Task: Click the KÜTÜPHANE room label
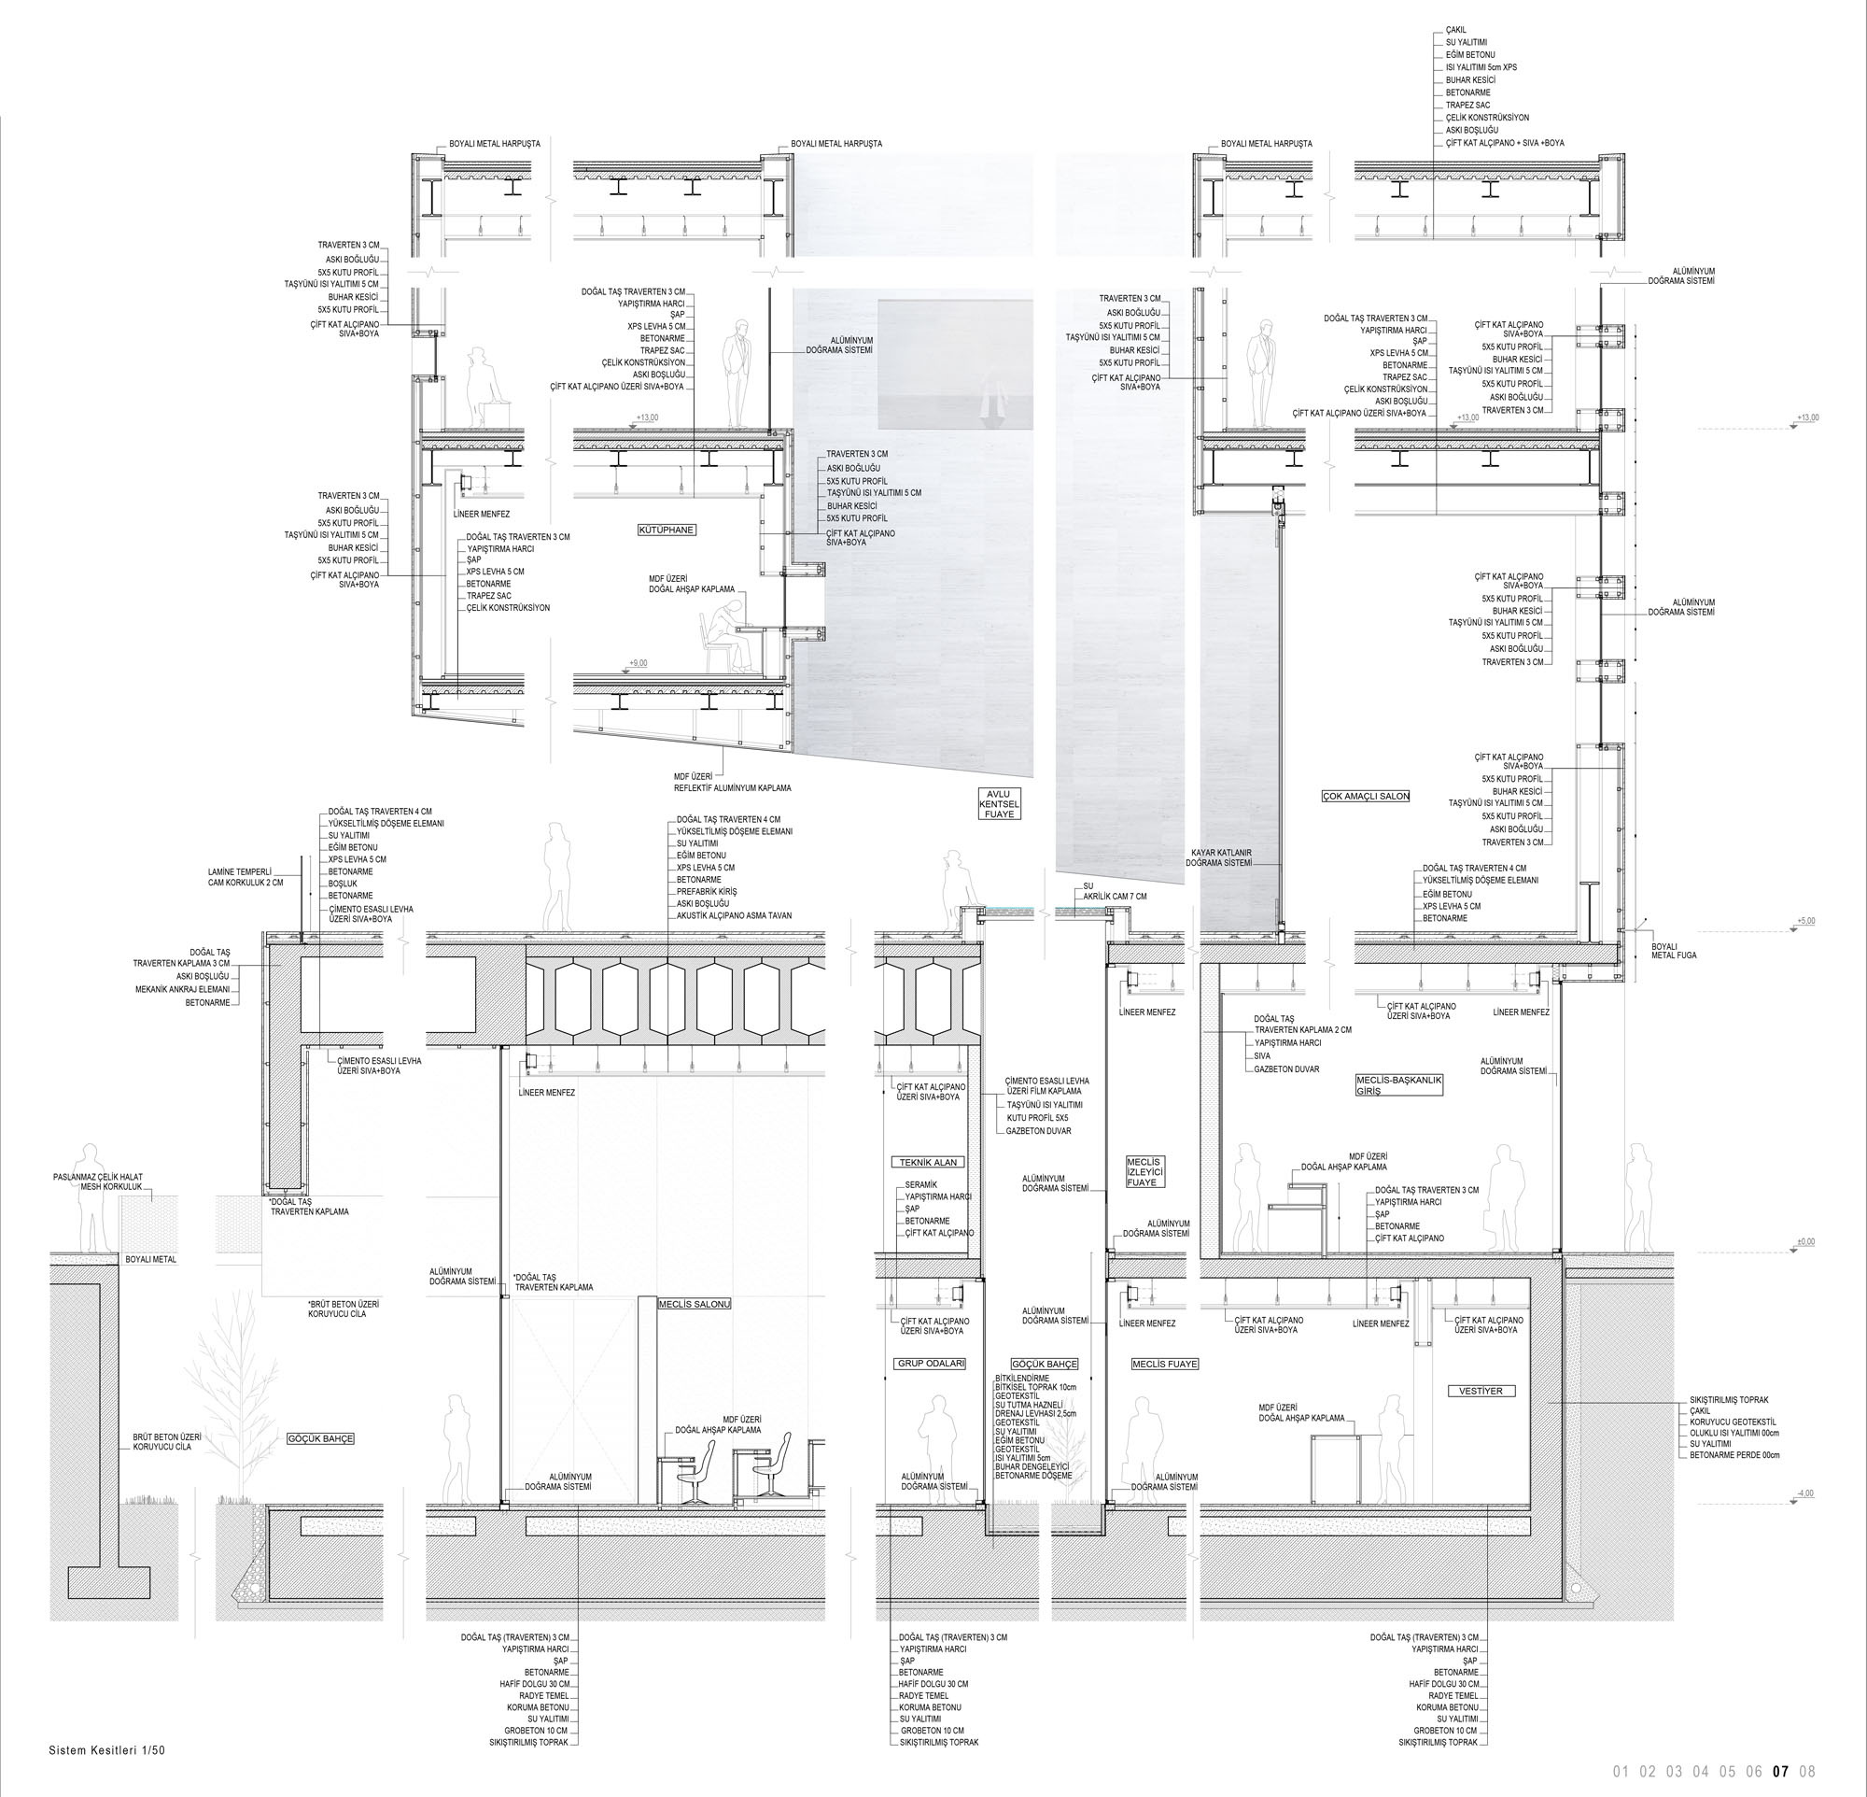click(667, 529)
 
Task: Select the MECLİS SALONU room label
click(695, 1304)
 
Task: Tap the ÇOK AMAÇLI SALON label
click(1365, 796)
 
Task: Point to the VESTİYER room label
click(1481, 1391)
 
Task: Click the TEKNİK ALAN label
click(928, 1163)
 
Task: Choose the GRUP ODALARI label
click(931, 1364)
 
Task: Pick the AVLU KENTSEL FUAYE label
click(999, 803)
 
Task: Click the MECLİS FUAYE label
click(1164, 1365)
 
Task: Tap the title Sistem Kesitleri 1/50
click(106, 1750)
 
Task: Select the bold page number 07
click(1780, 1772)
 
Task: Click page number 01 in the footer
click(1621, 1772)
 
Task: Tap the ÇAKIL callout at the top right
click(1457, 31)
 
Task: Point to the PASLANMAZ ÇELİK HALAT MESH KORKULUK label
click(97, 1182)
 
